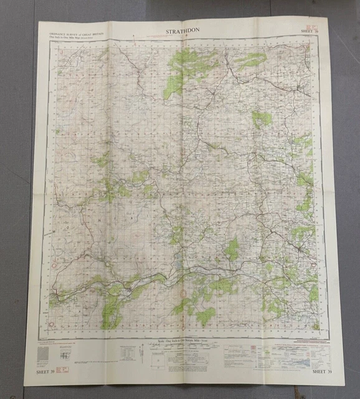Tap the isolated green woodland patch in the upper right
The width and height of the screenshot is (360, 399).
tap(262, 118)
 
